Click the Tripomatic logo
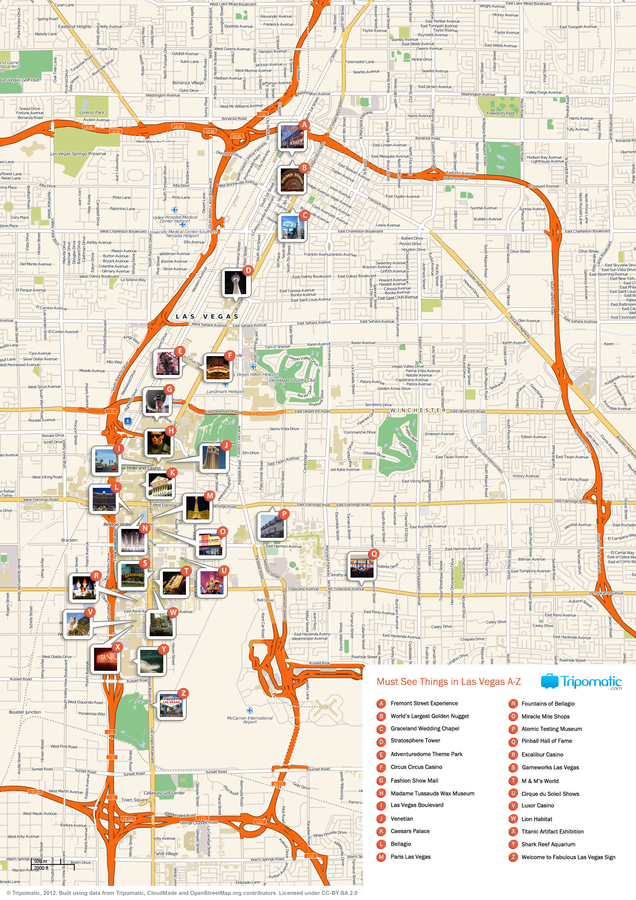(581, 682)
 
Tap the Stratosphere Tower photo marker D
(236, 283)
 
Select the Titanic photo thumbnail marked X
(106, 658)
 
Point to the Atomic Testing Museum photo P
(272, 526)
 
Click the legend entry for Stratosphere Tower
(415, 741)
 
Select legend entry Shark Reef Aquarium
(548, 844)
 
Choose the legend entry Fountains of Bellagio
(548, 704)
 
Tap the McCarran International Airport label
(250, 720)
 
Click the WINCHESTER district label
(418, 410)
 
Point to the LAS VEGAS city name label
(207, 316)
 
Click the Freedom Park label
(501, 113)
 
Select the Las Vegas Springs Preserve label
(78, 153)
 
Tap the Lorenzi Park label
(91, 112)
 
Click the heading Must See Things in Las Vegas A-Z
(448, 682)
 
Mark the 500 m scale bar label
(41, 861)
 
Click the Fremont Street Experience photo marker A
(292, 137)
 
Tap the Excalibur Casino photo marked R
(83, 587)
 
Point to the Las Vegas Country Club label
(292, 380)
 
